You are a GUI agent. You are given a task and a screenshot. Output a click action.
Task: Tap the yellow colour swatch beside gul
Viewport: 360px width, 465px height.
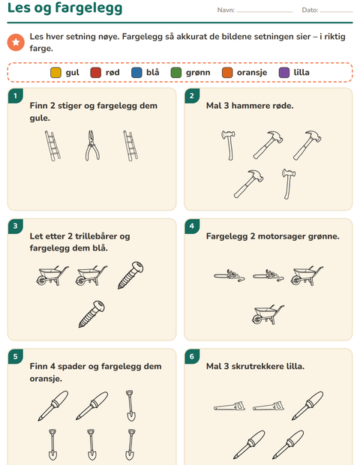pyautogui.click(x=55, y=72)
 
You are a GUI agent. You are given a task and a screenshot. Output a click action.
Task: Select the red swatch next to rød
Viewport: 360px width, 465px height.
pyautogui.click(x=95, y=72)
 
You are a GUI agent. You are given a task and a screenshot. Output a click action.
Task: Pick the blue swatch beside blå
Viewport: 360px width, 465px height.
pyautogui.click(x=136, y=72)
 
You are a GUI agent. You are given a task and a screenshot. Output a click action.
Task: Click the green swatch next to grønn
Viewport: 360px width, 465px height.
pyautogui.click(x=175, y=72)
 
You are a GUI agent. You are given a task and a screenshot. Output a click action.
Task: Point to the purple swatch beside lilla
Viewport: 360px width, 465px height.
pyautogui.click(x=283, y=72)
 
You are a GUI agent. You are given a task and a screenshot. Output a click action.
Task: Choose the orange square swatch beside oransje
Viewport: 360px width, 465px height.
pyautogui.click(x=227, y=72)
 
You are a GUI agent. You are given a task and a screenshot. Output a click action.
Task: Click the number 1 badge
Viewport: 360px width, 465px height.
pyautogui.click(x=16, y=96)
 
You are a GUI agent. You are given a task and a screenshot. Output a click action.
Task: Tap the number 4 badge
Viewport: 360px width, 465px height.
pyautogui.click(x=192, y=226)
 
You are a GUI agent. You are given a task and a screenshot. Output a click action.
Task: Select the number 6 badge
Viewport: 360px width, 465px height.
pyautogui.click(x=192, y=356)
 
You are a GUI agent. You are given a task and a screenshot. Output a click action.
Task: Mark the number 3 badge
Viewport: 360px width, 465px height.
pyautogui.click(x=16, y=226)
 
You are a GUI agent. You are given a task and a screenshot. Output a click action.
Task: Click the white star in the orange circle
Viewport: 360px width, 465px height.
pyautogui.click(x=16, y=42)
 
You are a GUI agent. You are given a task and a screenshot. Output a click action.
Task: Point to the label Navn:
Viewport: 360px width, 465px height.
pyautogui.click(x=226, y=10)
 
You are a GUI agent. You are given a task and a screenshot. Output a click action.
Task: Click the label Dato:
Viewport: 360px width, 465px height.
pyautogui.click(x=310, y=10)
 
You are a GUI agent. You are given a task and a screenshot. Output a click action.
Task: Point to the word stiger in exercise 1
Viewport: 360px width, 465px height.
pyautogui.click(x=70, y=106)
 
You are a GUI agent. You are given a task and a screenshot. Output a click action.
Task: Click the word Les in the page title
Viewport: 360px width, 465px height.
pyautogui.click(x=19, y=7)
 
